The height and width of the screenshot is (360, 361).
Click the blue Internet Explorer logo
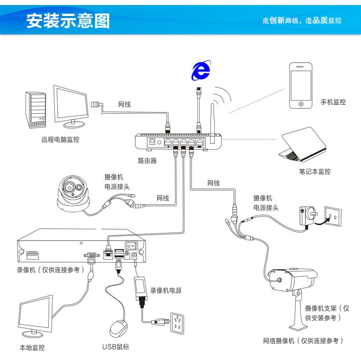200,70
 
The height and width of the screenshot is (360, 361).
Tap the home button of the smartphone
301,104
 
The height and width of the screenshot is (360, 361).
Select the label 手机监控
333,102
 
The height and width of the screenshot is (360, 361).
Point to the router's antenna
212,119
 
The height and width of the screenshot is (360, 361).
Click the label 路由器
147,161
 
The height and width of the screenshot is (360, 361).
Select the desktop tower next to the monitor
36,110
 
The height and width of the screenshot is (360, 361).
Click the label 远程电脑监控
60,140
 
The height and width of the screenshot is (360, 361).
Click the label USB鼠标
116,347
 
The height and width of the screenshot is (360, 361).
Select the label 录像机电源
166,290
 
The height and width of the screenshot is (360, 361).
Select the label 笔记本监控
314,172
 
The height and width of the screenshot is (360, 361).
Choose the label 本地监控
32,348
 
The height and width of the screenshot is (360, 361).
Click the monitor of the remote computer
71,105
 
